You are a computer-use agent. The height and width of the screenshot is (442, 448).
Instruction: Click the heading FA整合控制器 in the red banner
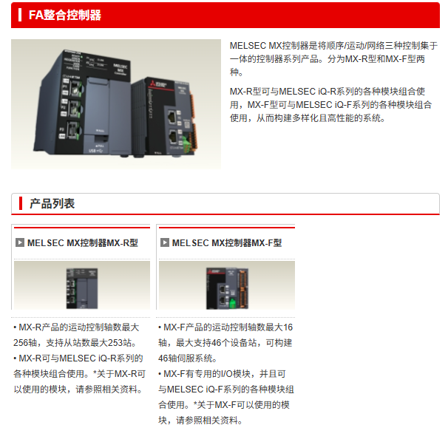pos(65,15)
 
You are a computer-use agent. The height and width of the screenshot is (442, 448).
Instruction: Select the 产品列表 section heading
pos(52,204)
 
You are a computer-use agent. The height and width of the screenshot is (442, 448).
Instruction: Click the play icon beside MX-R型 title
pos(20,242)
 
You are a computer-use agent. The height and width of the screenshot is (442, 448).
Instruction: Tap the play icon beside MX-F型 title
pos(165,242)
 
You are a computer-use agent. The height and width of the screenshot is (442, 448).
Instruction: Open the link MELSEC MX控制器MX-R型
pos(83,243)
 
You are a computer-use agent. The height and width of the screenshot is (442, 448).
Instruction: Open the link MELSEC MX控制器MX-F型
pos(227,243)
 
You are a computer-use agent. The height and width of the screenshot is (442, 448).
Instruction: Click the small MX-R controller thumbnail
pos(82,288)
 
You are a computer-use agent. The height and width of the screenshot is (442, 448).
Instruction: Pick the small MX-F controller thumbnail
pos(227,288)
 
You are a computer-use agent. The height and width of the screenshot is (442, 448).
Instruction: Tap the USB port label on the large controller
pos(95,151)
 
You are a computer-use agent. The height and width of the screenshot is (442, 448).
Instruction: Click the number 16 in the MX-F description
pos(288,327)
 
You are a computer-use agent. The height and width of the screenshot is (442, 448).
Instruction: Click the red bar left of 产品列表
pos(21,203)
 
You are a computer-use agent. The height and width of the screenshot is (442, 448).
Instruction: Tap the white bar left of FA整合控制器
pos(20,15)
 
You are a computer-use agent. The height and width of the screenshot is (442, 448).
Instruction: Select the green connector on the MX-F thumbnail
pos(232,303)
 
